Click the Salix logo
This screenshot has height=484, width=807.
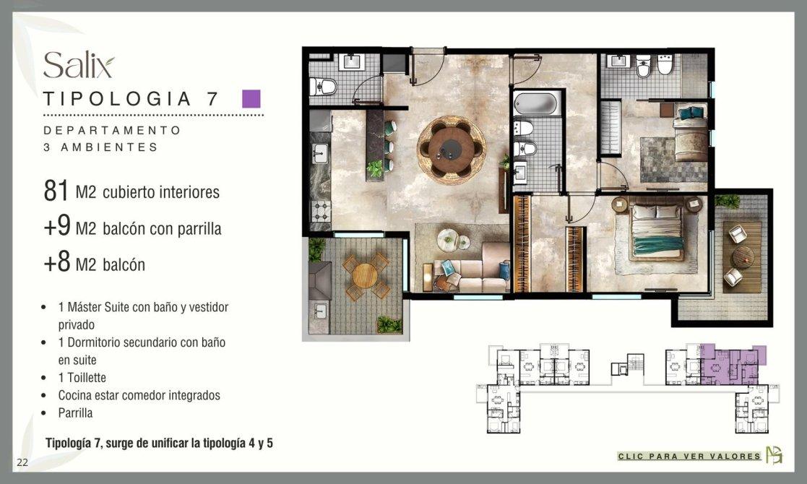tap(79, 65)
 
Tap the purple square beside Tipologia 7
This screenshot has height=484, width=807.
tap(251, 99)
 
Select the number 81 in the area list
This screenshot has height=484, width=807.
tap(56, 191)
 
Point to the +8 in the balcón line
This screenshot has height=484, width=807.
tap(56, 262)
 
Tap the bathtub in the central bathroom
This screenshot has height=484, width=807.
tap(537, 103)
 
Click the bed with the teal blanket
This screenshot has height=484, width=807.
tap(657, 230)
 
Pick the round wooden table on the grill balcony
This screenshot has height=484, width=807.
tap(365, 276)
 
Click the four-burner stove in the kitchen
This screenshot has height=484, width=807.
tap(321, 210)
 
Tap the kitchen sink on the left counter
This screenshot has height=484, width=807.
tap(320, 153)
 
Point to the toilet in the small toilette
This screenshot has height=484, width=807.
tap(323, 86)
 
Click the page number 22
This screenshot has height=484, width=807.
tap(22, 462)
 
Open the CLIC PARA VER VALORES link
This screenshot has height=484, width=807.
tap(689, 456)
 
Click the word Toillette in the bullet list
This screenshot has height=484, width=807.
tap(87, 378)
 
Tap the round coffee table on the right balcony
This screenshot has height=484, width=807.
tap(743, 256)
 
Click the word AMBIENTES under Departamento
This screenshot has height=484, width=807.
tap(109, 147)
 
